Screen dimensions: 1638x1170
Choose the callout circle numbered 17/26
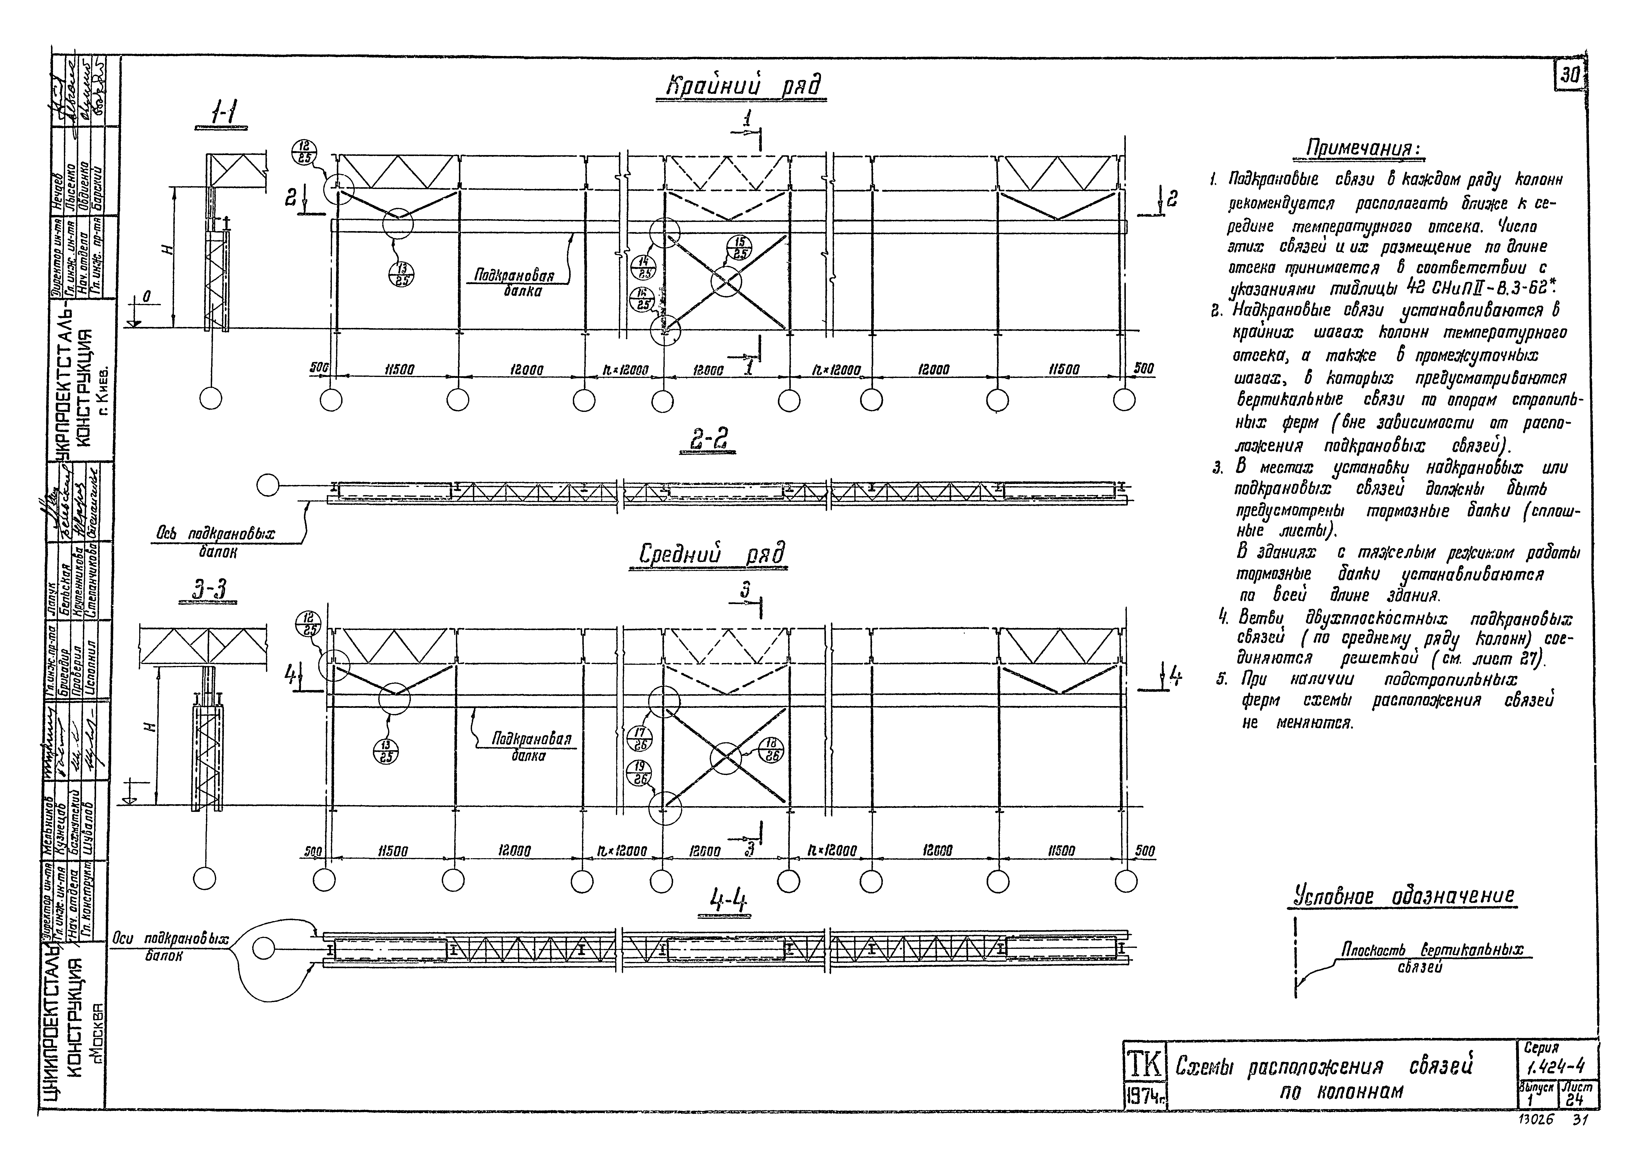(x=640, y=739)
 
